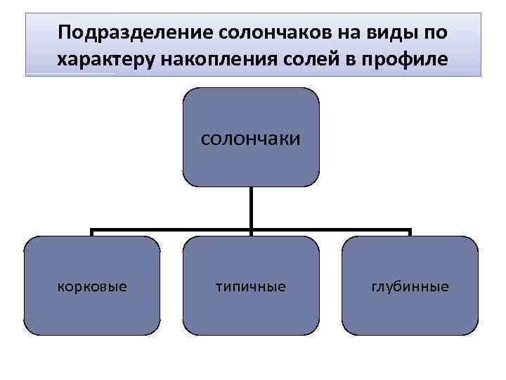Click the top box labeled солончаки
click(251, 137)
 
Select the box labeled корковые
click(92, 285)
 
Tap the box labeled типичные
click(251, 285)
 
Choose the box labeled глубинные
click(410, 285)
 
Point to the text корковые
click(92, 286)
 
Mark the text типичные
click(251, 286)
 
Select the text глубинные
click(410, 286)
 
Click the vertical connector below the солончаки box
click(251, 208)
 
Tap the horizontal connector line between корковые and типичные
click(171, 230)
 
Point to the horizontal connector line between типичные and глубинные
click(330, 230)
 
